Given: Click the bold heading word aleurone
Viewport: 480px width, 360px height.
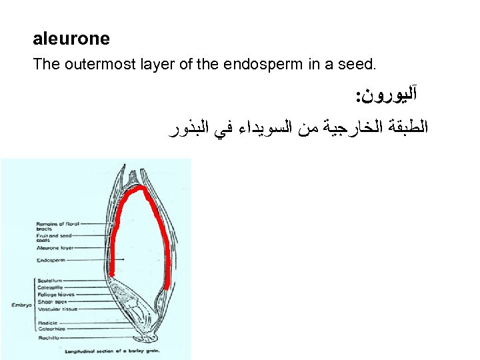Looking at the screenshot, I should [x=71, y=39].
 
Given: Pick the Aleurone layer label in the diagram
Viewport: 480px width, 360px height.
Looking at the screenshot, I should [x=57, y=248].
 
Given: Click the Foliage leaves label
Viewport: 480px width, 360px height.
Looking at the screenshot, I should [x=55, y=295].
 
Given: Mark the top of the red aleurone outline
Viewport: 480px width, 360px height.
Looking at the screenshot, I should [x=140, y=189].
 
